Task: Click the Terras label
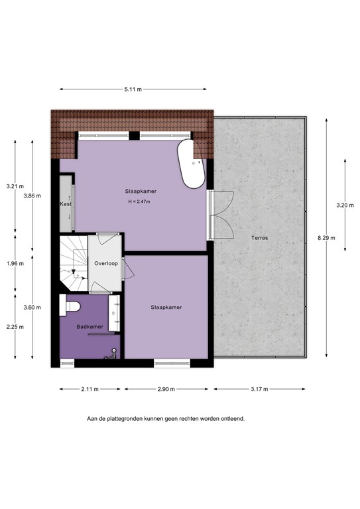tap(259, 238)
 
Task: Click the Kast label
tap(65, 204)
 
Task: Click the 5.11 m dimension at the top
tap(132, 89)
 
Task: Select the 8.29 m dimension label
tap(326, 238)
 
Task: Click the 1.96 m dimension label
tap(15, 263)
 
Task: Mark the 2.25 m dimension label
tap(15, 327)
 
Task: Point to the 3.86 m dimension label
tap(32, 196)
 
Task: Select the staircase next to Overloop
tap(72, 263)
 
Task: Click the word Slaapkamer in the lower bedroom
tap(166, 308)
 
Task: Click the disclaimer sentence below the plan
tap(166, 419)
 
